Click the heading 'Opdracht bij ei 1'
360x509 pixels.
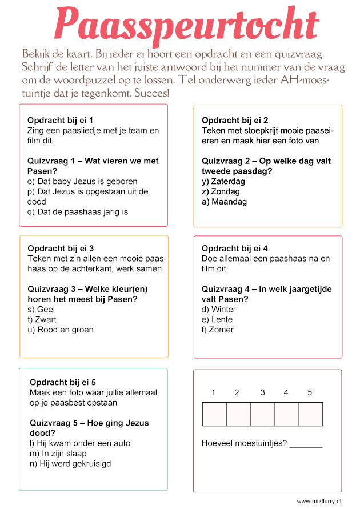pos(60,121)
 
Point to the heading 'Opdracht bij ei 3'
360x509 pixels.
pos(61,249)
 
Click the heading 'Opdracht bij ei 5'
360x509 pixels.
pos(63,382)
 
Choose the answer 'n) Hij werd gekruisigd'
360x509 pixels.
pos(70,464)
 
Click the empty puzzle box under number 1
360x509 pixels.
pos(214,414)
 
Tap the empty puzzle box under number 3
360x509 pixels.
pos(262,414)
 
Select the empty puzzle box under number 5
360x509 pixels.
pos(310,414)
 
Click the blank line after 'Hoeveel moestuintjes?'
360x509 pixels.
pos(306,444)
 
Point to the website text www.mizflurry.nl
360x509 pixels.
pos(319,501)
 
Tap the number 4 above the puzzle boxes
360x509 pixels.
pos(286,392)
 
